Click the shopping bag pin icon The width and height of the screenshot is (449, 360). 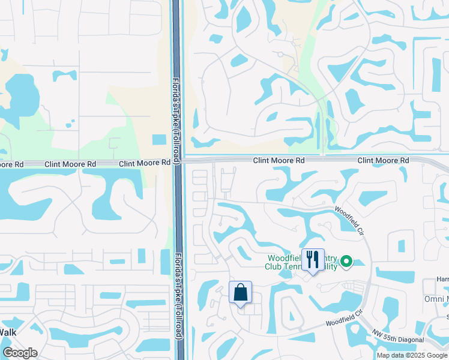pyautogui.click(x=240, y=293)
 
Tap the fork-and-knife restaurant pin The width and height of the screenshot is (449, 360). pyautogui.click(x=313, y=260)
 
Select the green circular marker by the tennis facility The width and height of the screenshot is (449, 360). pyautogui.click(x=346, y=262)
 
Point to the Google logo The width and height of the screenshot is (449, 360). pyautogui.click(x=20, y=353)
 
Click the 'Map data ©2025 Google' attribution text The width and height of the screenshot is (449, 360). pyautogui.click(x=412, y=355)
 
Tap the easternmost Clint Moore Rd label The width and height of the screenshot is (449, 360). pyautogui.click(x=383, y=161)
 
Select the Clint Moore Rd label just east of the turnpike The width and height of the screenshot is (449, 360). pyautogui.click(x=279, y=161)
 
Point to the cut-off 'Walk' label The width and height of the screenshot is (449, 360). pyautogui.click(x=8, y=332)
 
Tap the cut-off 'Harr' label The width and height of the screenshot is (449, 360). pyautogui.click(x=442, y=279)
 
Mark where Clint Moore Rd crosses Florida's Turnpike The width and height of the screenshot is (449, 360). pyautogui.click(x=178, y=161)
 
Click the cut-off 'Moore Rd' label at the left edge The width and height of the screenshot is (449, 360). pyautogui.click(x=11, y=164)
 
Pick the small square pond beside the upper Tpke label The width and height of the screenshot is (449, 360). pyautogui.click(x=159, y=140)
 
